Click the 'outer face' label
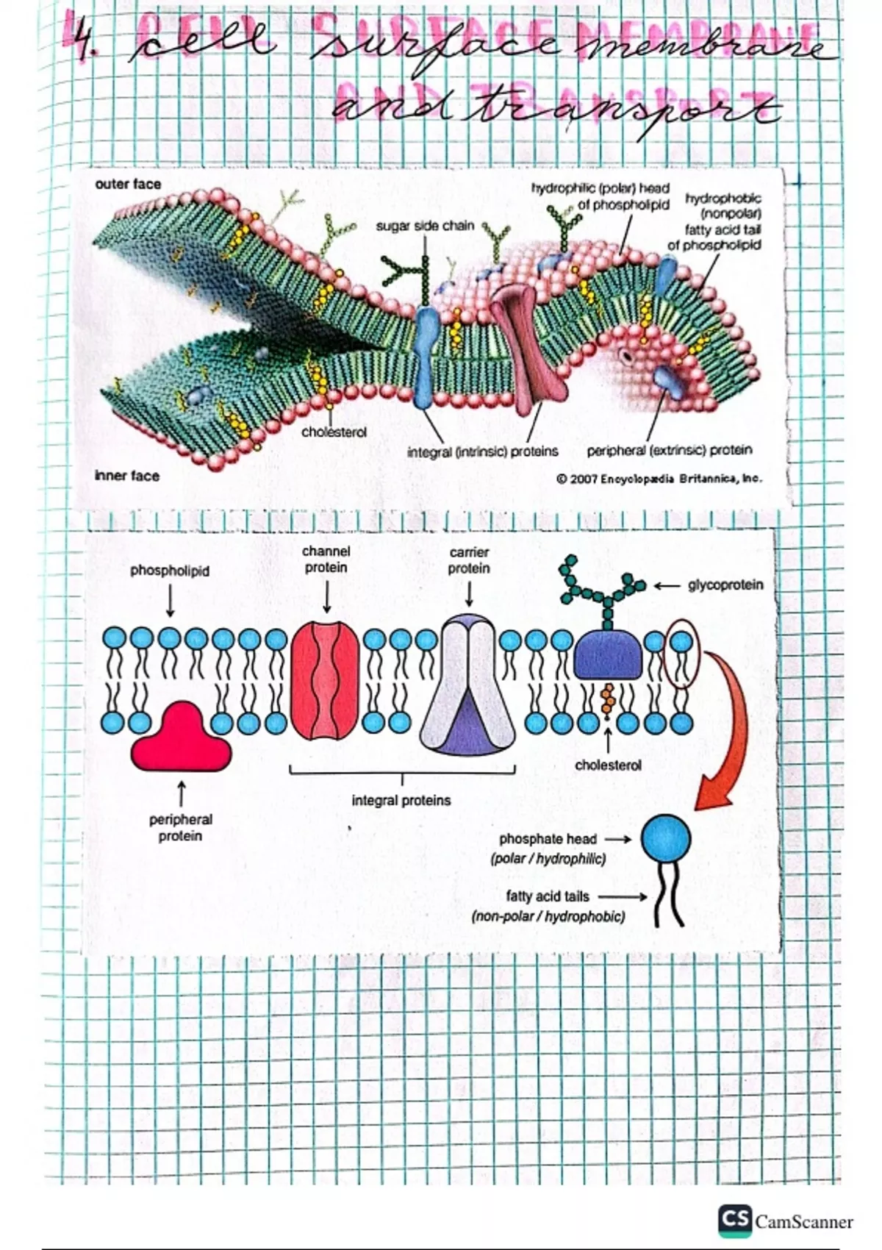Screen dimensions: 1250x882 coord(128,184)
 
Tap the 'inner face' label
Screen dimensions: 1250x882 coord(127,476)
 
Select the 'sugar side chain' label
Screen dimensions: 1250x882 coord(425,226)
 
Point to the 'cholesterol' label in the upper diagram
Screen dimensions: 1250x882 coord(334,432)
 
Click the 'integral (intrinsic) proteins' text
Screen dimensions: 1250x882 coord(483,451)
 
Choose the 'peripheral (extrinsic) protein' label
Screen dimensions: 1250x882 coord(670,450)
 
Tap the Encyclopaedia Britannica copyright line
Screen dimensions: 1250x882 coord(659,479)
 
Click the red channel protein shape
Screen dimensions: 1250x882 coord(326,680)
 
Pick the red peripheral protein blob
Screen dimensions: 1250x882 coord(181,737)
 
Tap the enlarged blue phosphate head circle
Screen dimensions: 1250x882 coord(666,839)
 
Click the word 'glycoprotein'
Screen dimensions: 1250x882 coord(725,585)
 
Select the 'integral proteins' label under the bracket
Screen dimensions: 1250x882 coord(401,800)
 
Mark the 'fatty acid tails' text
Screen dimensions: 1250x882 coord(548,896)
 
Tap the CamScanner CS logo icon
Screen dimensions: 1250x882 coord(735,1220)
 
